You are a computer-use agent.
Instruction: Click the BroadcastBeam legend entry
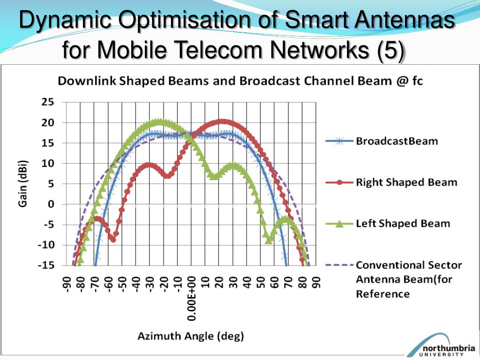point(397,141)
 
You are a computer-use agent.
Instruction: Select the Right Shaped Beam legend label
point(406,182)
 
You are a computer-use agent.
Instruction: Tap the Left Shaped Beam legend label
point(403,223)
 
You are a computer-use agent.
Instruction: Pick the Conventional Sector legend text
point(409,265)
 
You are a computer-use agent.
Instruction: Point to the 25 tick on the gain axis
point(49,102)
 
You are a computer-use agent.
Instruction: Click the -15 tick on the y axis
point(46,265)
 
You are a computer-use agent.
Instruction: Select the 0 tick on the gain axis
point(51,204)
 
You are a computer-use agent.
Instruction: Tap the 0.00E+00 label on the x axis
point(192,298)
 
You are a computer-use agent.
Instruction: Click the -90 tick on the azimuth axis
point(67,284)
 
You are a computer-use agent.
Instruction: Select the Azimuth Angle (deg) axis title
point(190,336)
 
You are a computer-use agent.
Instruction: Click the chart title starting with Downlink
point(240,81)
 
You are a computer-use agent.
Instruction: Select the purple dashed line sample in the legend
point(339,265)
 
